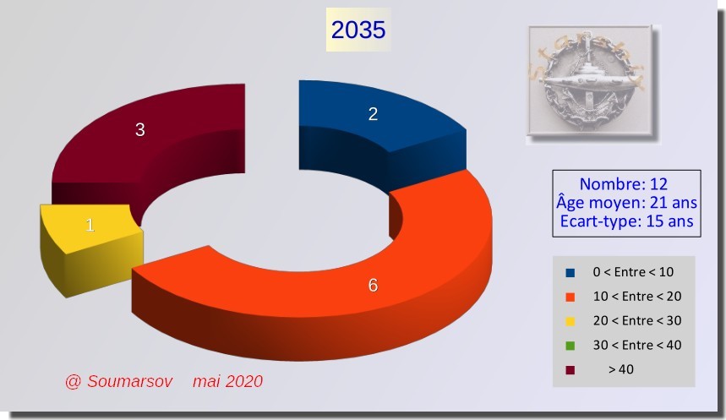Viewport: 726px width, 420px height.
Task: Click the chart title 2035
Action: click(358, 30)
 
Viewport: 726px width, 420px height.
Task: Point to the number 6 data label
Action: click(373, 286)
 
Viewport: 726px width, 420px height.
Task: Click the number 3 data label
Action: click(139, 129)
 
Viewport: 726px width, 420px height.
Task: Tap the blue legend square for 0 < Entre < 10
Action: click(570, 273)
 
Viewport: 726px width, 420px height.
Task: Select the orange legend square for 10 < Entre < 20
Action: click(570, 297)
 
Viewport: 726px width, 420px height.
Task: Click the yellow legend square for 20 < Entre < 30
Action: click(570, 321)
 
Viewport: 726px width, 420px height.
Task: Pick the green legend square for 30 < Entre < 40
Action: click(570, 346)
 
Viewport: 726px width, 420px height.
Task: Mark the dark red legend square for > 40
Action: click(570, 370)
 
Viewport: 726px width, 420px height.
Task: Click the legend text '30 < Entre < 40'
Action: click(637, 345)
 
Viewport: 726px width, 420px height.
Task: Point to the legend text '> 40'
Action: click(621, 369)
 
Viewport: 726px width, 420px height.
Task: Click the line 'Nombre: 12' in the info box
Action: click(624, 184)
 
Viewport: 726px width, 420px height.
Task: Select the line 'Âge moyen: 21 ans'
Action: click(626, 203)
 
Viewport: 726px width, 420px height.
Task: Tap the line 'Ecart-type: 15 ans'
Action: click(626, 221)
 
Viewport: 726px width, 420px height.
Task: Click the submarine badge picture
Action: click(590, 80)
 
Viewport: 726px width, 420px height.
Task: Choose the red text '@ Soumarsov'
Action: click(119, 382)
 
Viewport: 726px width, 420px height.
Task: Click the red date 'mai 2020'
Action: click(228, 382)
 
